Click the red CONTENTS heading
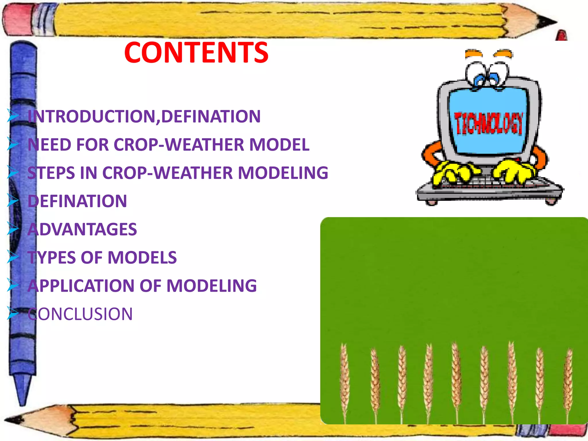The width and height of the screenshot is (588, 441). (196, 53)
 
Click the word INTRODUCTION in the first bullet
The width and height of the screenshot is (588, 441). (92, 117)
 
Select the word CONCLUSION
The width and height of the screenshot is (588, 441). (80, 314)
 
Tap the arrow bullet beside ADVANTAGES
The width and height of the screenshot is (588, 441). (13, 229)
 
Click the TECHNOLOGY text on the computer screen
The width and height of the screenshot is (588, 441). (488, 124)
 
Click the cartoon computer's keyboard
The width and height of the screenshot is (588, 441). (488, 187)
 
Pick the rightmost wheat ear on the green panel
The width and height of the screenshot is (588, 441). (568, 379)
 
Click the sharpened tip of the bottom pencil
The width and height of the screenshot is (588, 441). (11, 420)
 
